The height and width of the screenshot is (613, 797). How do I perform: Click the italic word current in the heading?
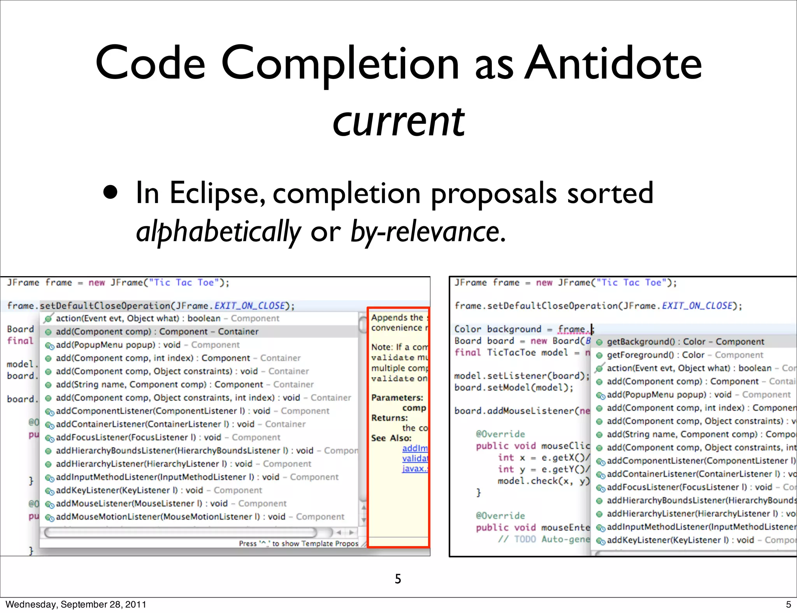click(x=398, y=122)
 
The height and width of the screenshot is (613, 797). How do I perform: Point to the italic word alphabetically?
click(x=218, y=232)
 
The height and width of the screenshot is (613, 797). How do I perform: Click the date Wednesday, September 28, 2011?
click(x=76, y=604)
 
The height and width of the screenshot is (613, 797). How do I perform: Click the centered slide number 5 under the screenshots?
click(x=398, y=579)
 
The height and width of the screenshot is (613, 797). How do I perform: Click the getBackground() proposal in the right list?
click(x=685, y=342)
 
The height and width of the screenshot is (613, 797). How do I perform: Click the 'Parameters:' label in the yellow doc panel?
click(x=397, y=398)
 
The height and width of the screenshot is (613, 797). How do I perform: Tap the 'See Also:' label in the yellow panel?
click(x=391, y=438)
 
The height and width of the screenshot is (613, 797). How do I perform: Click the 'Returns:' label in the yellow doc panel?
click(x=389, y=418)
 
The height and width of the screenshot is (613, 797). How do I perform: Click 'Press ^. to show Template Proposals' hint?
click(x=298, y=543)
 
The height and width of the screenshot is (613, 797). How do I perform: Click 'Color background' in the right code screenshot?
click(x=497, y=329)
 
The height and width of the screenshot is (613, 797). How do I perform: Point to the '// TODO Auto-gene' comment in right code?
click(x=543, y=539)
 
